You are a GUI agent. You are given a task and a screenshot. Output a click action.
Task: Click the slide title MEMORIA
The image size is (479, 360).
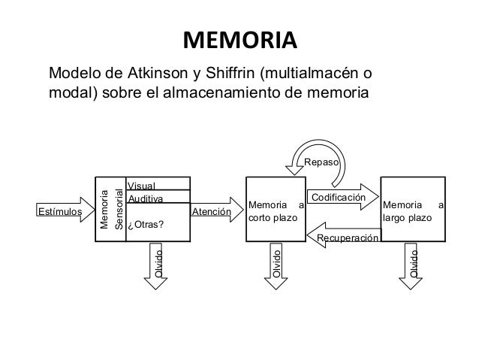[239, 39]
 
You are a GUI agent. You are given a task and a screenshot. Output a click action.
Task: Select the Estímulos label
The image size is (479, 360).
[60, 212]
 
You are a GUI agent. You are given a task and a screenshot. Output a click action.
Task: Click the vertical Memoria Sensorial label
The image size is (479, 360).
[110, 210]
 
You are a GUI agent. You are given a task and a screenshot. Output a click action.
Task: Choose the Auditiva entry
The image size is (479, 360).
[146, 198]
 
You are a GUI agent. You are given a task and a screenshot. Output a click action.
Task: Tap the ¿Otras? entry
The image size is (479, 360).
[146, 225]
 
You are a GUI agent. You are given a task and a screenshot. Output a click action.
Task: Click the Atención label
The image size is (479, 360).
[212, 212]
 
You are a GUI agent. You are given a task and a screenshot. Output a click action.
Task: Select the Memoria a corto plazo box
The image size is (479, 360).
[276, 210]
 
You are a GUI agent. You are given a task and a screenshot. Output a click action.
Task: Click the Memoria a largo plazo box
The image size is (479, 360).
[413, 210]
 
